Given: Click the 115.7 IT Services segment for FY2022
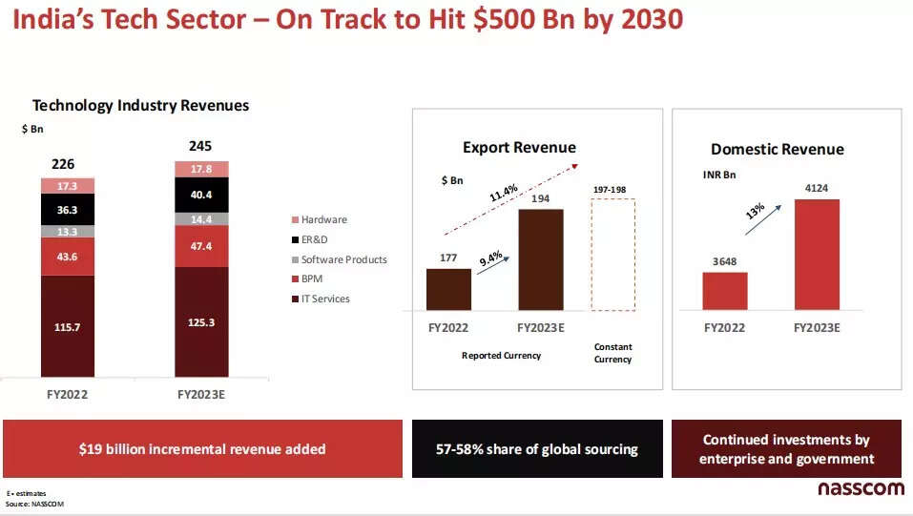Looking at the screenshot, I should click(67, 325).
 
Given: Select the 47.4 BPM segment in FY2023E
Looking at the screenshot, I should click(200, 246).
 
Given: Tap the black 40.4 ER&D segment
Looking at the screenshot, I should click(200, 195).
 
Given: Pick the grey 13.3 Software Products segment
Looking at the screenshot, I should click(67, 231).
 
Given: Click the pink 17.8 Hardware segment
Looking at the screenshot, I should click(200, 169).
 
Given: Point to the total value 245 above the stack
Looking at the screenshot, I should click(200, 146).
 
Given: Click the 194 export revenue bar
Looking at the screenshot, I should click(540, 258).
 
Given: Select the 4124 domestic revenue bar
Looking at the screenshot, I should click(817, 254).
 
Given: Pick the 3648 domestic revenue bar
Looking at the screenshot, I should click(725, 291).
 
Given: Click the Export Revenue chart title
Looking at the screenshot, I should click(519, 147).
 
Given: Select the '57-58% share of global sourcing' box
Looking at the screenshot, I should click(537, 449).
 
